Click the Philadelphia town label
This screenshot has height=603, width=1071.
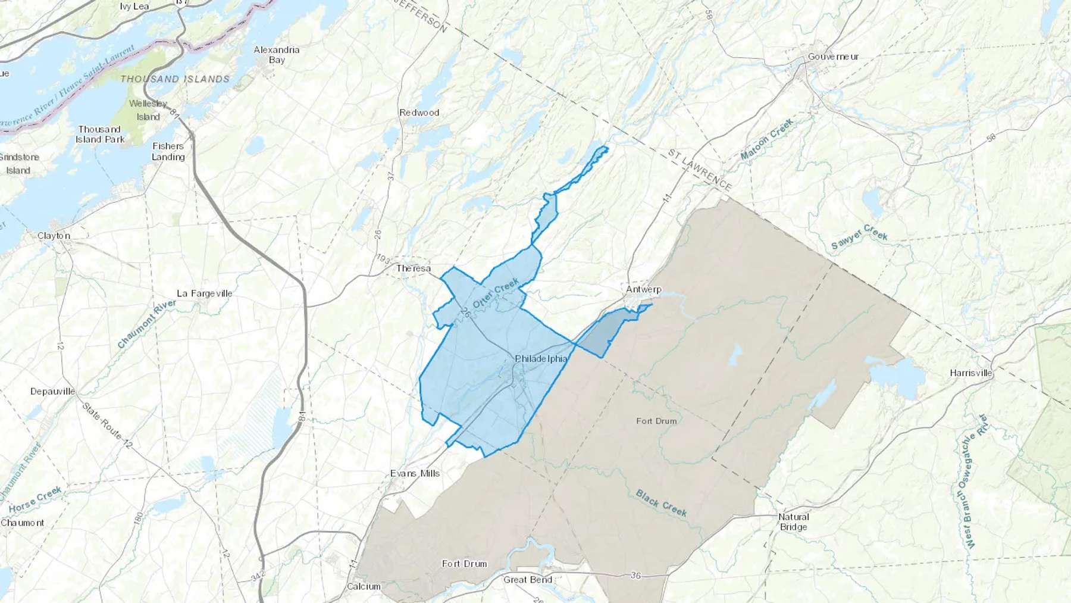541,359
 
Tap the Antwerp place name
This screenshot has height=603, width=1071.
643,289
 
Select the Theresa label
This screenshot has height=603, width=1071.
414,268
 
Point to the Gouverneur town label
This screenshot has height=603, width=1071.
833,57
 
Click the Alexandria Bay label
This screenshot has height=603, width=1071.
277,55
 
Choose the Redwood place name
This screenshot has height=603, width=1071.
419,113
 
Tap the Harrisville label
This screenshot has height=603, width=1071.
971,373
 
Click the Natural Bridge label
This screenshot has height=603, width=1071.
794,522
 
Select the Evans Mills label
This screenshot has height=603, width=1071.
415,473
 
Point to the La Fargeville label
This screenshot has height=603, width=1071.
204,293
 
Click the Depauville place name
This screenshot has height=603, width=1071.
53,391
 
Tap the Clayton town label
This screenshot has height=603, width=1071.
54,236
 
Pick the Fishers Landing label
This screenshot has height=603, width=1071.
168,151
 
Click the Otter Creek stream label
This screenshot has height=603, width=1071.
496,293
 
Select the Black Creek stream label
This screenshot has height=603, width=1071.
661,503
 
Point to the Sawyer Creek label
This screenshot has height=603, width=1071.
859,236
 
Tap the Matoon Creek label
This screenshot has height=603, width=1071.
767,139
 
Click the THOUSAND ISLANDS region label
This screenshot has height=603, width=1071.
174,79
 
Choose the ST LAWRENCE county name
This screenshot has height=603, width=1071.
699,170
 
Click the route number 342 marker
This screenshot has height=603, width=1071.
258,576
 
